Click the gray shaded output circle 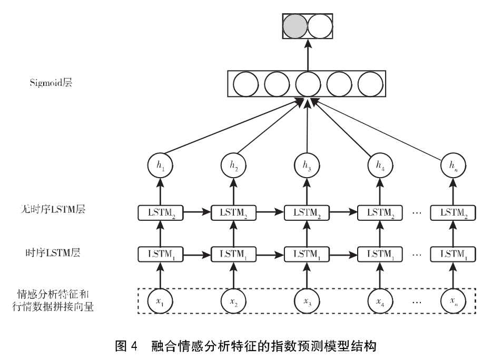coord(294,26)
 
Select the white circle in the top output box coord(320,26)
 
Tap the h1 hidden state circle coord(160,167)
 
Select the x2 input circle coord(233,301)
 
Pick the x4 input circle coord(380,301)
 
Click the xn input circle coord(453,301)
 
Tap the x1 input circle coord(160,301)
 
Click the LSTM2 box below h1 coord(160,213)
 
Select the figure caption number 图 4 coord(126,346)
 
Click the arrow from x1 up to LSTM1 coord(160,275)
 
